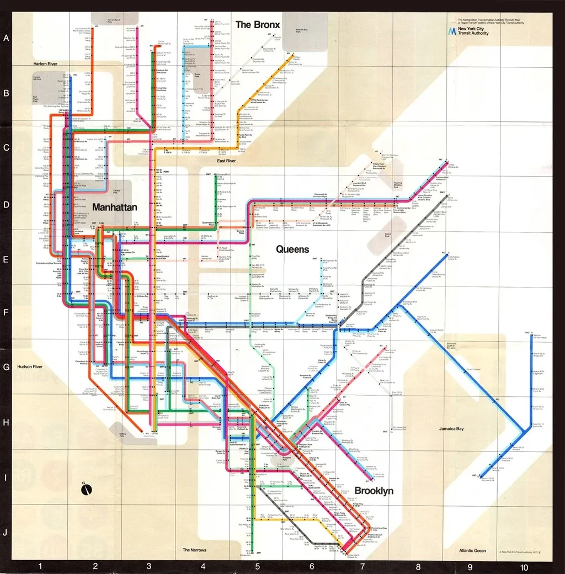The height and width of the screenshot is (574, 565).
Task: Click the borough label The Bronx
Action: [x=258, y=25]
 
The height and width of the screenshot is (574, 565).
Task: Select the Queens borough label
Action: [x=292, y=249]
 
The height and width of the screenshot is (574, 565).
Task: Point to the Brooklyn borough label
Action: [x=374, y=491]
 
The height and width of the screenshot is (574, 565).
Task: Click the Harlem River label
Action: [x=45, y=65]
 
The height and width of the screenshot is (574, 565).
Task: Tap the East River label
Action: [x=226, y=161]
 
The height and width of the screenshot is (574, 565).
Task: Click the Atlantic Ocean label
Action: [x=472, y=550]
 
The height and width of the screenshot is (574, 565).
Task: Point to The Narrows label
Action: [x=194, y=550]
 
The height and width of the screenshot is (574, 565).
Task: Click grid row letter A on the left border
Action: [x=7, y=39]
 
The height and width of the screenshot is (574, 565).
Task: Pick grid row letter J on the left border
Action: [x=7, y=533]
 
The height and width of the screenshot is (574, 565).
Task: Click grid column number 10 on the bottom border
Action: [x=523, y=567]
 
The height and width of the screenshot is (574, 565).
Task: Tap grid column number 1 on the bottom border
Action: [x=40, y=567]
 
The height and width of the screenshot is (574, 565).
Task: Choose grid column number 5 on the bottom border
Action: [x=257, y=567]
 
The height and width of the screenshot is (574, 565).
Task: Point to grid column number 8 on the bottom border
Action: [x=418, y=567]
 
